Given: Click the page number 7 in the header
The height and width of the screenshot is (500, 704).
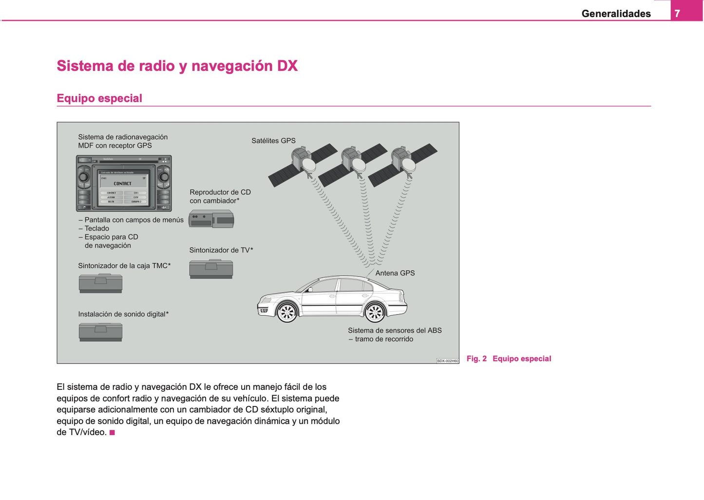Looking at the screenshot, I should [677, 14].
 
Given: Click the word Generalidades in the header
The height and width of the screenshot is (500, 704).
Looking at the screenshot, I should [616, 14].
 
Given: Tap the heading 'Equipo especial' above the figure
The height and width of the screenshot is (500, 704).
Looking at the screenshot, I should [99, 98].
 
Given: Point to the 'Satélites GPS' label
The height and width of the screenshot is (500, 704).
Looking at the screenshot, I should [273, 140].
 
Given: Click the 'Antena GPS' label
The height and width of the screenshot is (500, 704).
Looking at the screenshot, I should [395, 273].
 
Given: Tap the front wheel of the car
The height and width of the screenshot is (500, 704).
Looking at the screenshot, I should [287, 312].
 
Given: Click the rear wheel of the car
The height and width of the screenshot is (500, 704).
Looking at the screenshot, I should [375, 312].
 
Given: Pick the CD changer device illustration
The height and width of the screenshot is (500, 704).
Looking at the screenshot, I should [211, 219].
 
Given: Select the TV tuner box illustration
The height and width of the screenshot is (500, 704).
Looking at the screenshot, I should [211, 269].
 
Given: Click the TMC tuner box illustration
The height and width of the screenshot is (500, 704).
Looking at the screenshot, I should [101, 283].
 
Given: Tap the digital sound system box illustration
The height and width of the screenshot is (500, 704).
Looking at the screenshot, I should [101, 332].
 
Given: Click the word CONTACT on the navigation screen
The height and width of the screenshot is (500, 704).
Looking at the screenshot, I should [122, 183].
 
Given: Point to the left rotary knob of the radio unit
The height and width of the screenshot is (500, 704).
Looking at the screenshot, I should [84, 177].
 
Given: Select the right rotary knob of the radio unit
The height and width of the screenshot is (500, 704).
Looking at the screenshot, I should [164, 177].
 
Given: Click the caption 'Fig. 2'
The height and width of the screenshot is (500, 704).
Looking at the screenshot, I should [476, 359].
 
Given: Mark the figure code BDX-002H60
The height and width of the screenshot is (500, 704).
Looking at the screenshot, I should [447, 361].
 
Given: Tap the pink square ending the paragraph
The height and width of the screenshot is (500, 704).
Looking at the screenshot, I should [112, 433].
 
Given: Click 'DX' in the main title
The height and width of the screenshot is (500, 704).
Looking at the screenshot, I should [287, 66].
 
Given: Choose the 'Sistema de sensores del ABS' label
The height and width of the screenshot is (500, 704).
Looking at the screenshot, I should [395, 330].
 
